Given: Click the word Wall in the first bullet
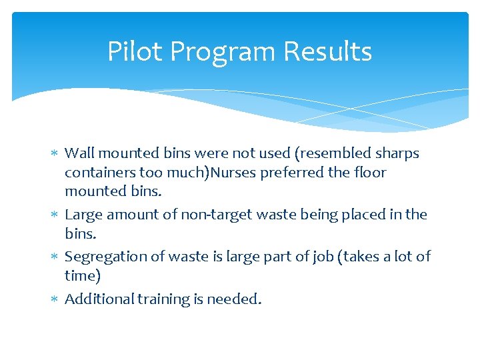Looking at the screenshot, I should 78,153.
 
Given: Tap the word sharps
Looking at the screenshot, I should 397,154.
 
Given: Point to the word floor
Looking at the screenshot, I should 371,173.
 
